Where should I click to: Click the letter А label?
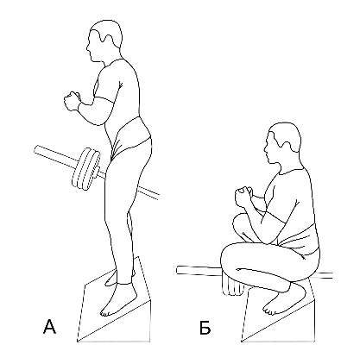[x=49, y=327]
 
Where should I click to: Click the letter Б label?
[x=205, y=327]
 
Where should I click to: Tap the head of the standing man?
[x=104, y=41]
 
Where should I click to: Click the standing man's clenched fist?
[x=72, y=101]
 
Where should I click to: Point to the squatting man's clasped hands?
[x=244, y=197]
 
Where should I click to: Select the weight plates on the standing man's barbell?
[x=86, y=169]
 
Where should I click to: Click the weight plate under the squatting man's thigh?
[x=233, y=286]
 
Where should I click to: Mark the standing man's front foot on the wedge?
[x=118, y=300]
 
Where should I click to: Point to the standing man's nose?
[x=87, y=47]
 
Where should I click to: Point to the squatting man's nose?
[x=266, y=148]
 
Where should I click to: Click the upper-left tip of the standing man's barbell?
[x=35, y=149]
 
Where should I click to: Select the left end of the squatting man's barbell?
[x=178, y=270]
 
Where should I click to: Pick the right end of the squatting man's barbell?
[x=331, y=275]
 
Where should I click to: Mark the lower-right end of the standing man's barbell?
[x=158, y=196]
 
